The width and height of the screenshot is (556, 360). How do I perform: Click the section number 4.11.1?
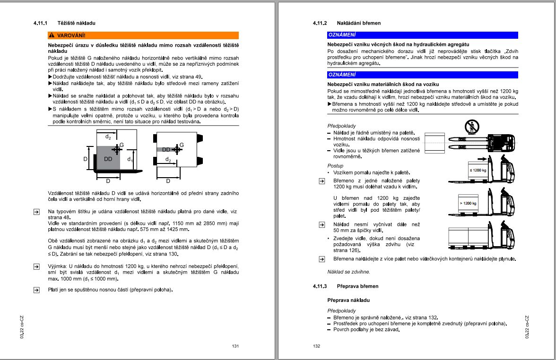pyautogui.click(x=41, y=23)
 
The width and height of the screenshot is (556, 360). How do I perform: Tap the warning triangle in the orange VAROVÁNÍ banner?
pyautogui.click(x=52, y=35)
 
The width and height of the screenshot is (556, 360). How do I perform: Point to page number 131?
pyautogui.click(x=235, y=346)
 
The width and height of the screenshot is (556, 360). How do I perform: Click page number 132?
pyautogui.click(x=317, y=346)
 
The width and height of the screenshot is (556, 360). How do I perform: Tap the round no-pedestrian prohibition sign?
pyautogui.click(x=471, y=126)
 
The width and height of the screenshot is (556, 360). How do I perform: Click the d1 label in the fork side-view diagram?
pyautogui.click(x=130, y=159)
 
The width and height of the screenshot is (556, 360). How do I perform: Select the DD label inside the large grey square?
pyautogui.click(x=108, y=159)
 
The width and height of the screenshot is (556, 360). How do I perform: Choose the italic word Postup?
pyautogui.click(x=335, y=166)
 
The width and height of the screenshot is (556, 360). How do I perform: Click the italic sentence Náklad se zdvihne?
pyautogui.click(x=349, y=272)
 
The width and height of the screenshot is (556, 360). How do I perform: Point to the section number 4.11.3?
pyautogui.click(x=320, y=286)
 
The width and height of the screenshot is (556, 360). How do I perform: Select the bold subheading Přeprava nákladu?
pyautogui.click(x=348, y=300)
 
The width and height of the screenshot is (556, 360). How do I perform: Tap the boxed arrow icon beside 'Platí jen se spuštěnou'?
pyautogui.click(x=36, y=290)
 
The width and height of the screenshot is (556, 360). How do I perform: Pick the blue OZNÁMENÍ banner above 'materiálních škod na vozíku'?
pyautogui.click(x=423, y=75)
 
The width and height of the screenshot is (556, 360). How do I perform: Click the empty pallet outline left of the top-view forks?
pyautogui.click(x=434, y=143)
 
